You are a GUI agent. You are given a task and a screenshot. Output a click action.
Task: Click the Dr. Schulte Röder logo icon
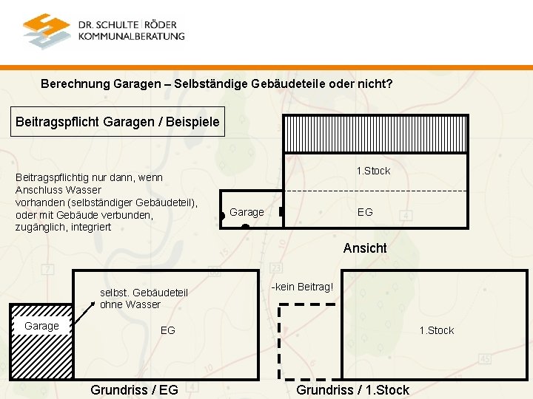pyautogui.click(x=47, y=30)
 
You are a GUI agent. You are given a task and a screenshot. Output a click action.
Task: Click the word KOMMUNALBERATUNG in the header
pyautogui.click(x=131, y=36)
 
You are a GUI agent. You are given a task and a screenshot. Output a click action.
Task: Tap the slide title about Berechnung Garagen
pyautogui.click(x=217, y=84)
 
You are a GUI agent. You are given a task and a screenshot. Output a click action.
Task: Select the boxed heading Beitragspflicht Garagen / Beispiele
pyautogui.click(x=118, y=122)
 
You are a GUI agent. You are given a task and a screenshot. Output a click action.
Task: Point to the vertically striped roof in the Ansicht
pyautogui.click(x=378, y=134)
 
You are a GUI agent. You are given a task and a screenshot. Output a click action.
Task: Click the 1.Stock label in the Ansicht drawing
pyautogui.click(x=373, y=171)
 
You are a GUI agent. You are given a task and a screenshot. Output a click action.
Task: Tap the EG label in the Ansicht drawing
pyautogui.click(x=365, y=212)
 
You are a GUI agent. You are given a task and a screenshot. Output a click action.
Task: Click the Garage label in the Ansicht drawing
pyautogui.click(x=247, y=212)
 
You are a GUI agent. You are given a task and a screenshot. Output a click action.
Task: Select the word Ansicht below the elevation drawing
pyautogui.click(x=365, y=248)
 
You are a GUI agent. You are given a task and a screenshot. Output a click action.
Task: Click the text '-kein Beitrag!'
pyautogui.click(x=302, y=286)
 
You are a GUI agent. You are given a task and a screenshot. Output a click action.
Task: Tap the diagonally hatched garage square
pyautogui.click(x=41, y=351)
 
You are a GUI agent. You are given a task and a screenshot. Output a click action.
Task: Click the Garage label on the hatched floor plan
pyautogui.click(x=41, y=326)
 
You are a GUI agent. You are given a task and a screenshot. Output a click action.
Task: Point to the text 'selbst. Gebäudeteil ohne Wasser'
pyautogui.click(x=144, y=299)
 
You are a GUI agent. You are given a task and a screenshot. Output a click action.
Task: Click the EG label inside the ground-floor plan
pyautogui.click(x=168, y=330)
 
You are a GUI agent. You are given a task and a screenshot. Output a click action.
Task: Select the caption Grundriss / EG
pyautogui.click(x=134, y=389)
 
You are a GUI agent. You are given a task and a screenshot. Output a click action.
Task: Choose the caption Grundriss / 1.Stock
pyautogui.click(x=352, y=389)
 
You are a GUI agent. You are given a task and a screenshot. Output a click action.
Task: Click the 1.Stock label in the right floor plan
pyautogui.click(x=437, y=330)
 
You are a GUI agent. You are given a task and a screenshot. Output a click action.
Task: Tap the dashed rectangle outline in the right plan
pyautogui.click(x=280, y=340)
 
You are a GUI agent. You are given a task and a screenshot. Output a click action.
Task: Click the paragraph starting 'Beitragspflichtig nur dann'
pyautogui.click(x=107, y=202)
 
